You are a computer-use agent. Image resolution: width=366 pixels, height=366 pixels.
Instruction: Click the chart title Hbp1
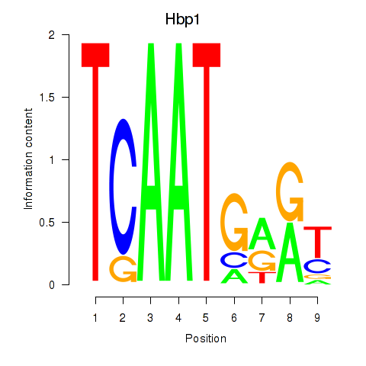click(x=182, y=19)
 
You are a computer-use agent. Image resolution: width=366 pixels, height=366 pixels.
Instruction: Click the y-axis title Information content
click(x=28, y=159)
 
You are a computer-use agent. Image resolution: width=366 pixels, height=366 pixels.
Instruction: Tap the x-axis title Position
click(x=206, y=339)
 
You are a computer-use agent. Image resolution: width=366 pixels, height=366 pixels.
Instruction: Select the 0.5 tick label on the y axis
click(x=47, y=222)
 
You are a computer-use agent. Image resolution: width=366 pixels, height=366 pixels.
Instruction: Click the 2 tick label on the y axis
click(x=52, y=34)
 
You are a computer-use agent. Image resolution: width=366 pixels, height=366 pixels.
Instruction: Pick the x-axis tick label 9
click(x=317, y=318)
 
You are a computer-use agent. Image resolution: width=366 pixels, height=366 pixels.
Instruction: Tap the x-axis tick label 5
click(x=206, y=318)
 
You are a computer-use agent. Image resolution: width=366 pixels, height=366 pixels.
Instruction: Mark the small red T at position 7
click(x=262, y=277)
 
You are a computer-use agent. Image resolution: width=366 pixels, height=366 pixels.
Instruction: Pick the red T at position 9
click(x=318, y=242)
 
